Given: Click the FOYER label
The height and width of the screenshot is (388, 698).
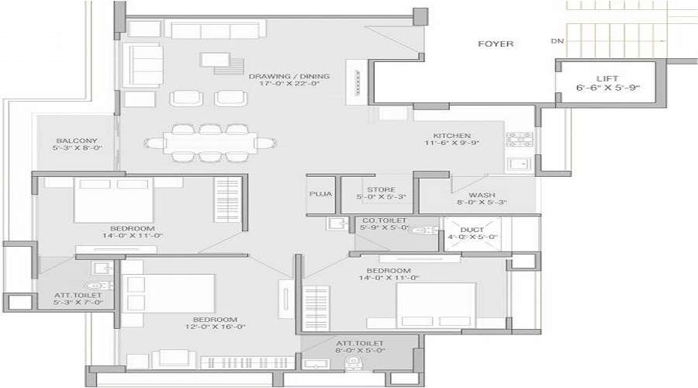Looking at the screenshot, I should [x=496, y=44].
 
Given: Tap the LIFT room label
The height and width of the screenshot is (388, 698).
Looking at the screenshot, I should [x=607, y=79].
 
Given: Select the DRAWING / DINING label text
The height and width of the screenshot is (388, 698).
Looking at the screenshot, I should [x=289, y=76].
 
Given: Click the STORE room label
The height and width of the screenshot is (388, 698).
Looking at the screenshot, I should [x=377, y=189].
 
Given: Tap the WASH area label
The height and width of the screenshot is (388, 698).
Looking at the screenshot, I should [x=482, y=196].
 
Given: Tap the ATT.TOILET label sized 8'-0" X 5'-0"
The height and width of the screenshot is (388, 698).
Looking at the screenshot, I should [x=360, y=342].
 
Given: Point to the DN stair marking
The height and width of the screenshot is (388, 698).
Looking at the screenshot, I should [x=556, y=41].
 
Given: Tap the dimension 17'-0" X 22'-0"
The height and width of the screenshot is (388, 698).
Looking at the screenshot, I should [x=289, y=84].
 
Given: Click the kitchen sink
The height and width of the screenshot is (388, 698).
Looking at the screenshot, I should [x=517, y=165].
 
